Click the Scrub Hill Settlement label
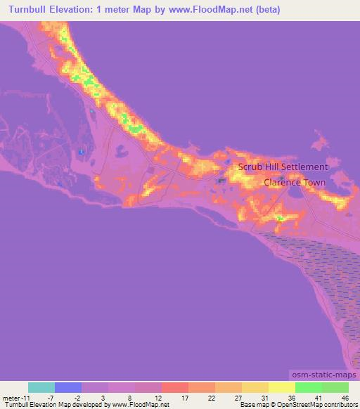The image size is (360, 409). pyautogui.click(x=283, y=167)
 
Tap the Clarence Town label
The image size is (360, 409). pyautogui.click(x=295, y=183)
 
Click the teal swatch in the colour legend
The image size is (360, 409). pyautogui.click(x=41, y=387)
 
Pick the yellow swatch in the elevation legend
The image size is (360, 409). pyautogui.click(x=281, y=387)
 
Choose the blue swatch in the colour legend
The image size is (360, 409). pyautogui.click(x=68, y=387)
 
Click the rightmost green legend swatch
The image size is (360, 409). pyautogui.click(x=335, y=387)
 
